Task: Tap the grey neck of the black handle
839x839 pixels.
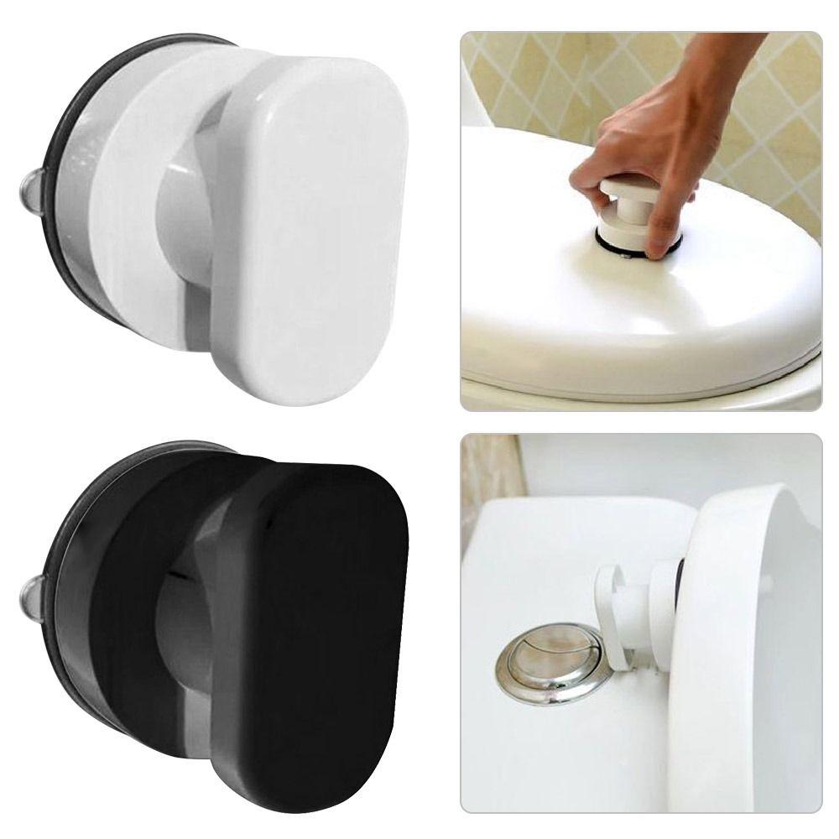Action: [180, 629]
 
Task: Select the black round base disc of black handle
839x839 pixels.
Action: [126, 587]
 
